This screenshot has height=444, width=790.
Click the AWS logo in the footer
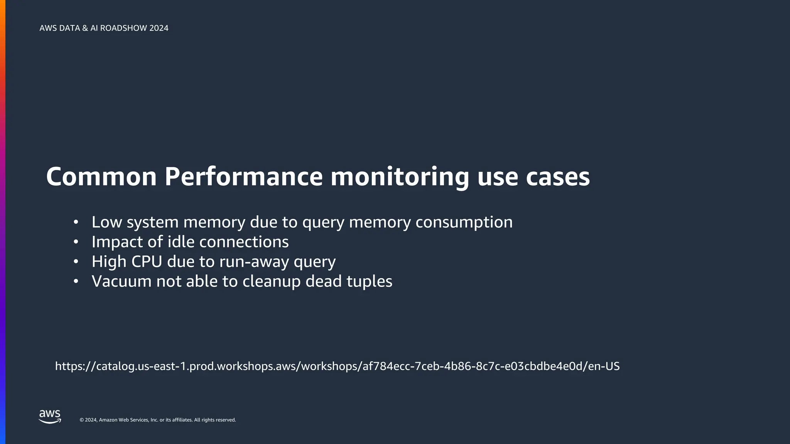coord(50,417)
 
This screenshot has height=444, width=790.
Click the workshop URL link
coord(337,366)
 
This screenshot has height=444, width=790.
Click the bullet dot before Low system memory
coord(76,222)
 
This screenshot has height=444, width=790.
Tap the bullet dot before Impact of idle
coord(76,242)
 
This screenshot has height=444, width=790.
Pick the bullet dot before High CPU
coord(76,262)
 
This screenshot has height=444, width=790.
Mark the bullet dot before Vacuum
coord(76,281)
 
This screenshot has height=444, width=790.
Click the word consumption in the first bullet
coord(464,222)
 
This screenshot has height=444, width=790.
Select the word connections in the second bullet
coord(244,242)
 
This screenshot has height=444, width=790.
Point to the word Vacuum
coord(122,281)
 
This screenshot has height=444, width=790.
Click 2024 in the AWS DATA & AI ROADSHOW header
coord(159,28)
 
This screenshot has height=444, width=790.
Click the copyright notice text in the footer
coord(157,420)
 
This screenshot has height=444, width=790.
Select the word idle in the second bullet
coord(181,242)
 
